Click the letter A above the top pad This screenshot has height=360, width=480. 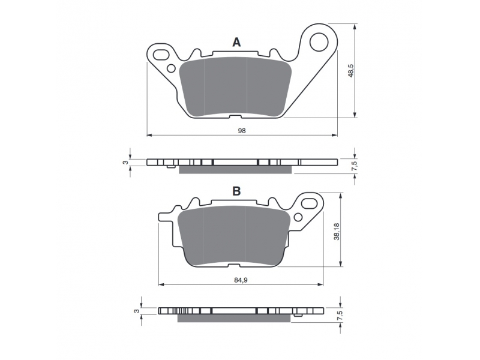coord(236,42)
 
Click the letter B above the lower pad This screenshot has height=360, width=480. coord(236,191)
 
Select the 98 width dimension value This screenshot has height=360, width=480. coord(242,131)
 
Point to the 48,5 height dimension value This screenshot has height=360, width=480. coord(351,70)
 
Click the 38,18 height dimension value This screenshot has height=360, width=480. coord(337,232)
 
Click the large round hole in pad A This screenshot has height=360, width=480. coord(319,42)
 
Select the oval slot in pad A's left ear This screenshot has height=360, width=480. coord(161,55)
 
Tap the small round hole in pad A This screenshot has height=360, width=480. coord(172,68)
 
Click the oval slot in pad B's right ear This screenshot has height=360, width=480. coord(309,203)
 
